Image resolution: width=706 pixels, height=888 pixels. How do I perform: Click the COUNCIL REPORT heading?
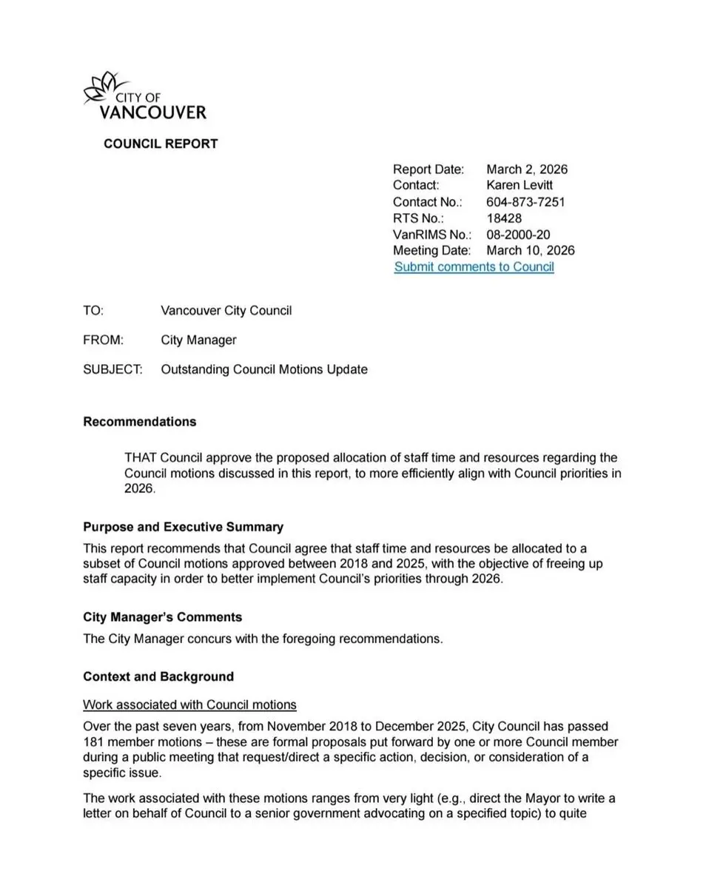[x=161, y=144]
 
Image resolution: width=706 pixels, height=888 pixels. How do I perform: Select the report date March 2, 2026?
[x=527, y=169]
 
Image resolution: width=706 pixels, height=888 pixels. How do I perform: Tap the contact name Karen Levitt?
[x=520, y=185]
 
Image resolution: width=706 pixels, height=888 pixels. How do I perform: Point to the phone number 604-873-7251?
[x=526, y=202]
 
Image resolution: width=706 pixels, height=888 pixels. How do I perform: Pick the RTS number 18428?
[x=504, y=218]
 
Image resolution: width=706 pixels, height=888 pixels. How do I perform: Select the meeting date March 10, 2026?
[x=531, y=251]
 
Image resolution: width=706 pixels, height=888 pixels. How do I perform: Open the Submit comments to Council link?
[x=474, y=267]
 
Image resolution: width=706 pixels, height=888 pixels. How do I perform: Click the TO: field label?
[x=93, y=311]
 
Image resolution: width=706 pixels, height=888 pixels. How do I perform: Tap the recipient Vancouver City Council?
[x=226, y=311]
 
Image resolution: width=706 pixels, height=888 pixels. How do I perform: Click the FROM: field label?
[x=103, y=340]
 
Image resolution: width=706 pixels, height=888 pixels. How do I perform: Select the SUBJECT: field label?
[x=112, y=369]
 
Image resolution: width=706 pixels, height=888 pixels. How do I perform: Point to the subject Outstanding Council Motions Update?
[x=263, y=369]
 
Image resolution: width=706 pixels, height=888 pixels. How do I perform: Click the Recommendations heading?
[x=140, y=422]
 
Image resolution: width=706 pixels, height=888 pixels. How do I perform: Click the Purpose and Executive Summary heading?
[x=183, y=527]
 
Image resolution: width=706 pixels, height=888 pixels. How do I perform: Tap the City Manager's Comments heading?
[x=162, y=617]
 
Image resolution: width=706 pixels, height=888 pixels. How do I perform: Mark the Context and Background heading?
[x=158, y=676]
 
